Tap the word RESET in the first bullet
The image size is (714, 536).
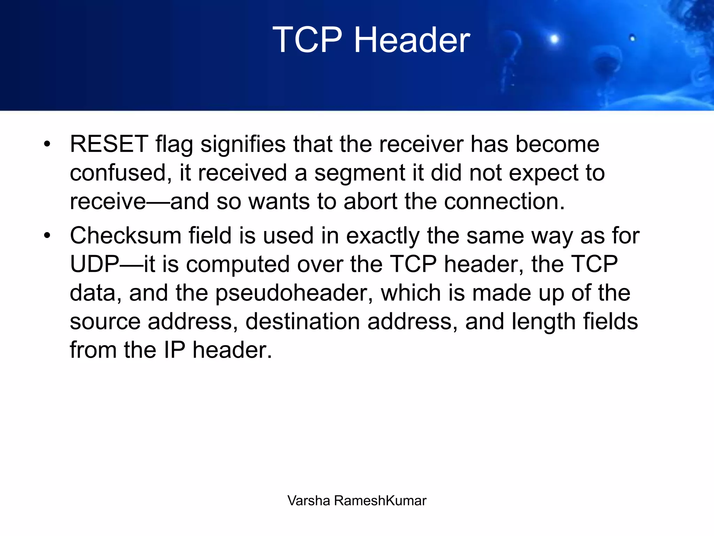pos(109,144)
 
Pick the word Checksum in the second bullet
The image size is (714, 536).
pos(126,236)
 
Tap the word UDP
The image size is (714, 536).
pos(94,264)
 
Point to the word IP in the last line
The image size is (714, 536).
pos(174,350)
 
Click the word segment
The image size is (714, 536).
pos(360,173)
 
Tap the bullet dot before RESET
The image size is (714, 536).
pos(47,144)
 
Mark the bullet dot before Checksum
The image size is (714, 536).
pos(47,236)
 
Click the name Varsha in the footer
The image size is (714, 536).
pos(309,501)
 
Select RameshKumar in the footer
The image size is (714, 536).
pos(380,501)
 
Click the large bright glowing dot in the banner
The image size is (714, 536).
pos(554,39)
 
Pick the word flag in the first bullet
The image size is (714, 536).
pos(174,144)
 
